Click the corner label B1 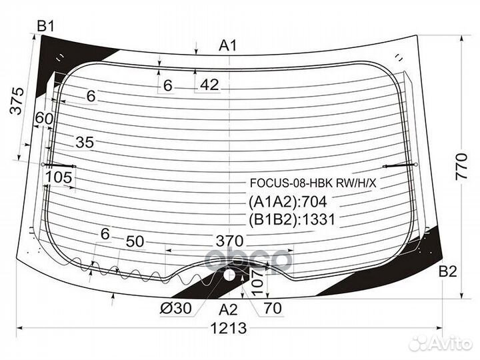pos(45,26)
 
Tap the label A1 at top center pos(228,46)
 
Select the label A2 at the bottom pos(228,310)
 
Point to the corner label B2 pos(447,271)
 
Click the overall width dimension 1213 pos(229,329)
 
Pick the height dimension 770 pos(461,167)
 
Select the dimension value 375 pos(17,101)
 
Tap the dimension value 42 pos(210,85)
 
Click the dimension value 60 pos(44,118)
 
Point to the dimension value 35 pos(85,143)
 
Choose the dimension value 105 pos(59,177)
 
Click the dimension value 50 pos(135,241)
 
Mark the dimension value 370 pos(229,241)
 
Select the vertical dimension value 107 pos(257,282)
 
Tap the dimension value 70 pos(273,308)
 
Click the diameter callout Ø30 pos(176,308)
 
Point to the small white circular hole pos(229,275)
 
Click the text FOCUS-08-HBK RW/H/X pos(313,183)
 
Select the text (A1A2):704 pos(288,202)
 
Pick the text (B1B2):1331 pos(292,219)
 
